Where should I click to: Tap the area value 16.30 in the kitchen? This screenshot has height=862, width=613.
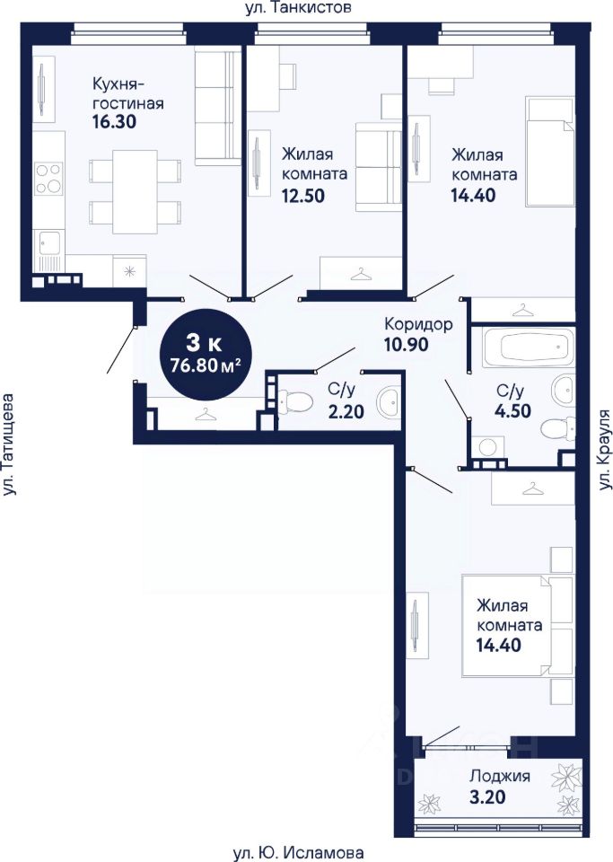click(x=114, y=122)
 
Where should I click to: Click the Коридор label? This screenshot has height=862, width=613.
click(x=418, y=324)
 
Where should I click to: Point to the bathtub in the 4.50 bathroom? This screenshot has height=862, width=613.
click(x=528, y=347)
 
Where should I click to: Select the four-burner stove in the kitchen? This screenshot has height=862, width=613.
click(x=48, y=178)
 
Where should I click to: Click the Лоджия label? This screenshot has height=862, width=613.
click(x=499, y=777)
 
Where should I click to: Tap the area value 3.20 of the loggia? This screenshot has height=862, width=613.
click(x=487, y=796)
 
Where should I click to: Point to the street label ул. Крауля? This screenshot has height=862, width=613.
click(x=604, y=450)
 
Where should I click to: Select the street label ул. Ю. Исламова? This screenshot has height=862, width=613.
click(x=298, y=853)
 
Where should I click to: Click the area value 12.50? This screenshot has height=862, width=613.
click(x=302, y=195)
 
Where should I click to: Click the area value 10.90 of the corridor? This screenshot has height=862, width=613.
click(x=406, y=345)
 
